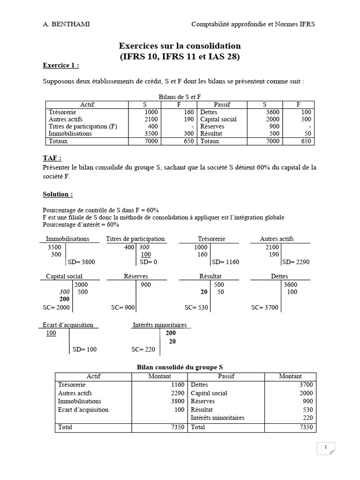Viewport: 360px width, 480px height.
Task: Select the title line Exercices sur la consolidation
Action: (x=180, y=46)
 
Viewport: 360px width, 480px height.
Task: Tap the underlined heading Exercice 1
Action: (x=61, y=65)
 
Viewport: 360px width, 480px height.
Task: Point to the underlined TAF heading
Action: (x=52, y=158)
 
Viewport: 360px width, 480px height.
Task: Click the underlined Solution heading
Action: (x=58, y=194)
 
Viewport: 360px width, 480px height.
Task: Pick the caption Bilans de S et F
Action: (x=180, y=97)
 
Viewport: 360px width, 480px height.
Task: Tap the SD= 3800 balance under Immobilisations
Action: (x=82, y=262)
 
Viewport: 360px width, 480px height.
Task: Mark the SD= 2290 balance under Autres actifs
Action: (x=296, y=262)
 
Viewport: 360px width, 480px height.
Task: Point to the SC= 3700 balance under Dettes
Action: (x=265, y=307)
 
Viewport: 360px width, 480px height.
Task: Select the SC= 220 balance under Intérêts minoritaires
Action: (x=142, y=349)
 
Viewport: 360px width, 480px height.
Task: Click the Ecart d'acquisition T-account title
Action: (x=67, y=325)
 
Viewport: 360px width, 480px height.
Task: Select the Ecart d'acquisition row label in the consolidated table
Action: (x=83, y=410)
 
